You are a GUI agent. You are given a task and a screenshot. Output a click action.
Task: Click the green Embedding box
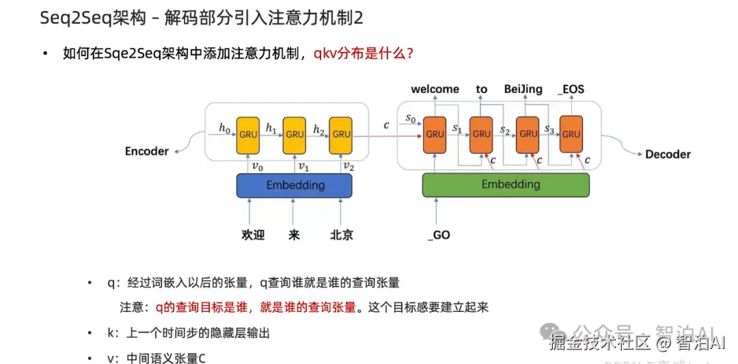pos(506,185)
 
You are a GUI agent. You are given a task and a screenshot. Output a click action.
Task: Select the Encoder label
pos(146,151)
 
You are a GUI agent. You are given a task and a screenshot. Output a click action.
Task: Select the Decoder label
pos(667,155)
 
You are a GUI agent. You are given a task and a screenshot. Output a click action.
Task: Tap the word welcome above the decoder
pos(435,90)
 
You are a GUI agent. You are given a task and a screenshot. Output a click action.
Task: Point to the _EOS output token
pos(571,90)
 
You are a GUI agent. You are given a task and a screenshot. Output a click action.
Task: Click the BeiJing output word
pos(523,90)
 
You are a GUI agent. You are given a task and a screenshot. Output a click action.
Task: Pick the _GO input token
pos(438,235)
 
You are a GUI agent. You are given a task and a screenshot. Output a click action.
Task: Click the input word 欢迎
pos(253,235)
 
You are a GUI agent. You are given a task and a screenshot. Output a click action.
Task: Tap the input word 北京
pos(342,235)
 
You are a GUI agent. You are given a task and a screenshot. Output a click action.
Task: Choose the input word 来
pos(295,235)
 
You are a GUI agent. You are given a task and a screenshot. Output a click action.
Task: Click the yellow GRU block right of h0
pos(248,135)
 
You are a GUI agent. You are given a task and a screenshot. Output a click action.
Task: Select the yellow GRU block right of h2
pos(340,135)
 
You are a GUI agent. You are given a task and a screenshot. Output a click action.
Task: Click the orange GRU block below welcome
pos(435,134)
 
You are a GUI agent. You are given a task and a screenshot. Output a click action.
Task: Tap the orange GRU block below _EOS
pos(571,134)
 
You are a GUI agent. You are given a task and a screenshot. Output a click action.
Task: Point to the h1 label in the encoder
pos(271,128)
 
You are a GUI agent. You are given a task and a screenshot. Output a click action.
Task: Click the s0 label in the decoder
pos(410,119)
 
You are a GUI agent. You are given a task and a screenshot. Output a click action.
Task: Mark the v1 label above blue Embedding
pos(302,166)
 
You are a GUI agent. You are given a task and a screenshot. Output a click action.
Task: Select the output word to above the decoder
pos(482,90)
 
